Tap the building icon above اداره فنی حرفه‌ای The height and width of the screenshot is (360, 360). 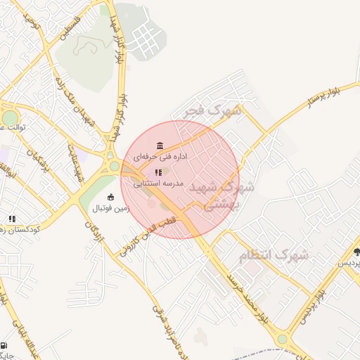click(160, 146)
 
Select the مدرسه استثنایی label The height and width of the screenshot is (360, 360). click(164, 183)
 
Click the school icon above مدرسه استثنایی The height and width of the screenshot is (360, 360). click(158, 172)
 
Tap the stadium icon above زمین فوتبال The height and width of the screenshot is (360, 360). click(110, 197)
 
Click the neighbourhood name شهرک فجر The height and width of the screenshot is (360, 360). click(213, 111)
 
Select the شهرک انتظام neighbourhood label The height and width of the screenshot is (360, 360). click(274, 255)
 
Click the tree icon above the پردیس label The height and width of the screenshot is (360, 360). click(356, 252)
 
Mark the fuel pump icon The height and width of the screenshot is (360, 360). click(4, 345)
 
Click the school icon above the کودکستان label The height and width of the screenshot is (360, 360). click(11, 219)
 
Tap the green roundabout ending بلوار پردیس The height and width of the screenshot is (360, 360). click(283, 340)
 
